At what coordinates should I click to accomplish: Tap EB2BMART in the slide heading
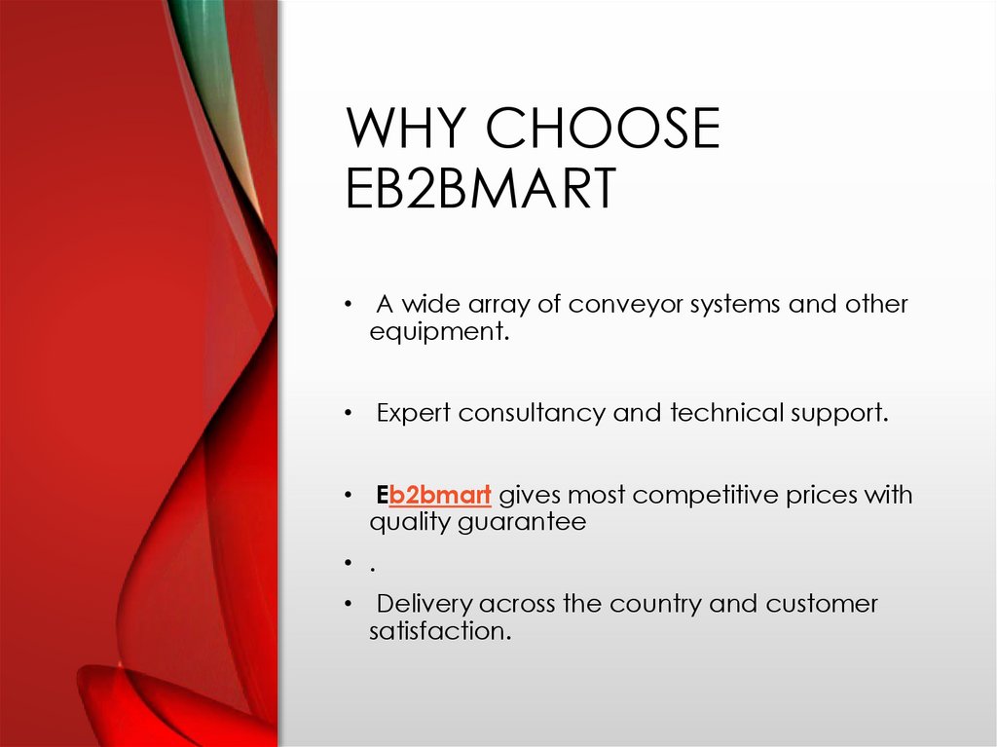coord(481,189)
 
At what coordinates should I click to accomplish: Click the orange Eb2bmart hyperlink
coord(439,495)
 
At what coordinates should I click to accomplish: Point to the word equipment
coord(438,331)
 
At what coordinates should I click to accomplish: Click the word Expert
coord(414,413)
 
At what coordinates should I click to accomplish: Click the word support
coord(837,413)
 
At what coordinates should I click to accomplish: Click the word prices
coord(825,495)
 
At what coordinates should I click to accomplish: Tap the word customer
coord(822,604)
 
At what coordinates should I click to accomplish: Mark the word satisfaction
coord(438,631)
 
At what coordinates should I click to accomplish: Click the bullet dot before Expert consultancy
coord(348,414)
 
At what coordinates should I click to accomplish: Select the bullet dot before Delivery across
coord(348,605)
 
